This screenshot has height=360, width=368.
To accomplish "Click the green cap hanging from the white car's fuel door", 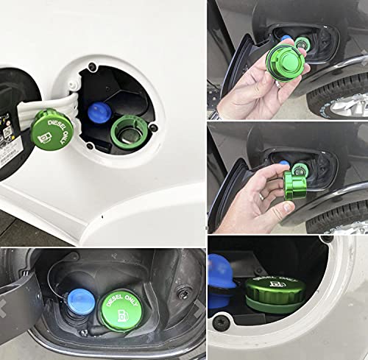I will [x=52, y=131].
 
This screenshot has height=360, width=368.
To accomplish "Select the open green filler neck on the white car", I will [x=130, y=132].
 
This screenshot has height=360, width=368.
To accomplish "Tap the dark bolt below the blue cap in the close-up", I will [x=221, y=323].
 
